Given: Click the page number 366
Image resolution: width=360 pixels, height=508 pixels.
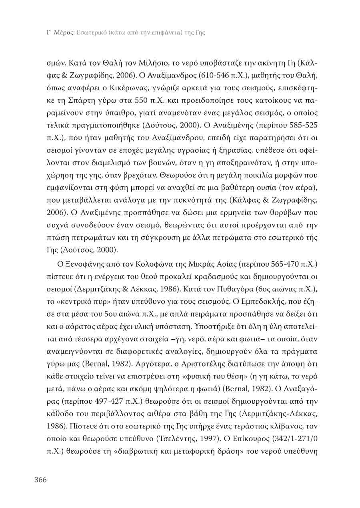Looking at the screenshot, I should pyautogui.click(x=40, y=480).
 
